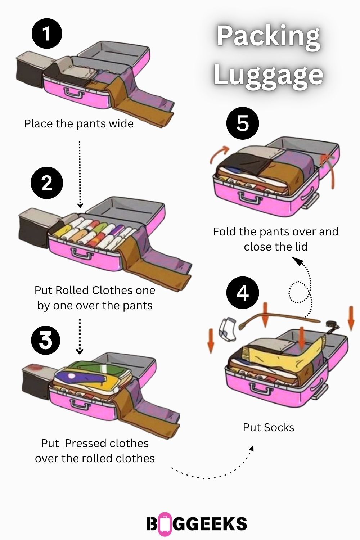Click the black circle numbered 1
(x=47, y=34)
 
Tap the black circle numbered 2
(x=47, y=183)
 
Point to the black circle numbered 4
(x=243, y=293)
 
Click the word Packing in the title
(x=269, y=36)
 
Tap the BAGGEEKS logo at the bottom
(x=197, y=524)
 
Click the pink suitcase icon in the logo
(x=165, y=524)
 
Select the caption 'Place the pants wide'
(x=79, y=124)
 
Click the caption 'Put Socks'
(x=269, y=427)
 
